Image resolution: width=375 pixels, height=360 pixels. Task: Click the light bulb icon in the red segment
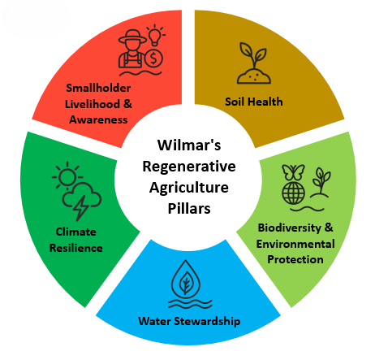pos(155,35)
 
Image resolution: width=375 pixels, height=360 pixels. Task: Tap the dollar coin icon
pos(153,59)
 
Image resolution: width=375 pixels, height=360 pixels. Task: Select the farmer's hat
pos(132,37)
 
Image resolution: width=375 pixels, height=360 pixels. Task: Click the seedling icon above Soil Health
pos(254,63)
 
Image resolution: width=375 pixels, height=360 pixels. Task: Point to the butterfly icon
pos(293,172)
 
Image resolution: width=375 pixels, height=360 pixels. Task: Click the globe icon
pos(293,193)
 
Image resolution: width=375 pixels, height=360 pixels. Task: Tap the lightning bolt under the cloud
pos(80,207)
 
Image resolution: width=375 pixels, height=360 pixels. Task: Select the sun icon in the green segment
pos(67,176)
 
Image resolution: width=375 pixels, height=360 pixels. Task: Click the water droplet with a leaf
pos(186,278)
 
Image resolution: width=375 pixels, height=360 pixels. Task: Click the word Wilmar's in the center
pos(189,145)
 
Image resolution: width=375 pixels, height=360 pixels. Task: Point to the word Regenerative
pos(189,167)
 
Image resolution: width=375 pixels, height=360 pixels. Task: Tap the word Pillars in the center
pos(189,209)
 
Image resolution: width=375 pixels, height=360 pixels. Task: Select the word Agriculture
pos(189,188)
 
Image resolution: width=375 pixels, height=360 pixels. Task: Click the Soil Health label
pos(254,102)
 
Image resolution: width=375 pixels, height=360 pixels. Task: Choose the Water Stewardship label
pos(189,321)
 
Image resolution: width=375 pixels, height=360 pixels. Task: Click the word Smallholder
pos(98,88)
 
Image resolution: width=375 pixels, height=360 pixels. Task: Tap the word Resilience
pos(76,248)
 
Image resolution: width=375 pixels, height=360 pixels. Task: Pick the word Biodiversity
pos(290,228)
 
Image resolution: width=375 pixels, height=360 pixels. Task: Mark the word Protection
pos(295,259)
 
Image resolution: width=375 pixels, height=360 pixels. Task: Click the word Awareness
pos(98,119)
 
